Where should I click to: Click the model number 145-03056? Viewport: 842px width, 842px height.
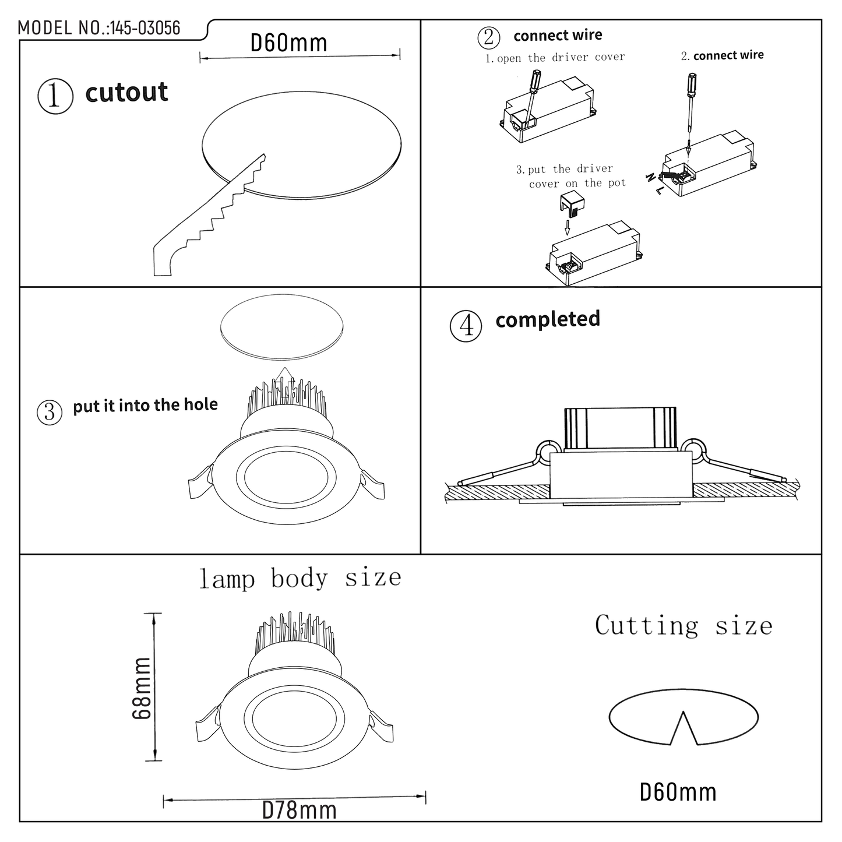[145, 28]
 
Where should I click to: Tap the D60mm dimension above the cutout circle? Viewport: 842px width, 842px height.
[288, 43]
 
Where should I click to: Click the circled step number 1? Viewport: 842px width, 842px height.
[55, 96]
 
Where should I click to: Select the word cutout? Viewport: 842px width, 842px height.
[126, 93]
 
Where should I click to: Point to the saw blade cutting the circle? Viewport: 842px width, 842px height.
[210, 216]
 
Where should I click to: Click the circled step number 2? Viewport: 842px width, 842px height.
[489, 37]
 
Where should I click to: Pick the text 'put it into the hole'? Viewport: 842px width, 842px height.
[145, 405]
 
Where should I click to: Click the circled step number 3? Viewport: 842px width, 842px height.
[50, 413]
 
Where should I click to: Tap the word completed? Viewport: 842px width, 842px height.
[547, 319]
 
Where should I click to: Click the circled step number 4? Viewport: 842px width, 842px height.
[466, 326]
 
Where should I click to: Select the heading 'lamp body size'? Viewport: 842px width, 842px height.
[300, 578]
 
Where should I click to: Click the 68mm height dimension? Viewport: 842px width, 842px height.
[142, 688]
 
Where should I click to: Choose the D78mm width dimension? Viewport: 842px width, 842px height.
[299, 810]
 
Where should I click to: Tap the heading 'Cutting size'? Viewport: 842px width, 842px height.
[684, 626]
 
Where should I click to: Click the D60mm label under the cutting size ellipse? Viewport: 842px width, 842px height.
[678, 792]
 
